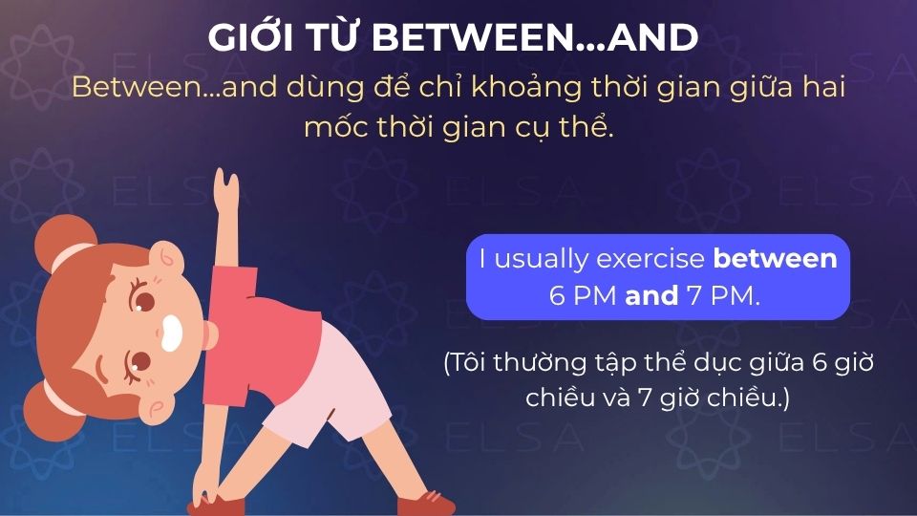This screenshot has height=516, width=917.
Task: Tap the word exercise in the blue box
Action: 651,259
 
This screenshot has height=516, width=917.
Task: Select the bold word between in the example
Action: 775,259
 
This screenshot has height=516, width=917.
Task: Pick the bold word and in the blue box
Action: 651,295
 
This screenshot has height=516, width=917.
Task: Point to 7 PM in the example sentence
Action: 723,295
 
